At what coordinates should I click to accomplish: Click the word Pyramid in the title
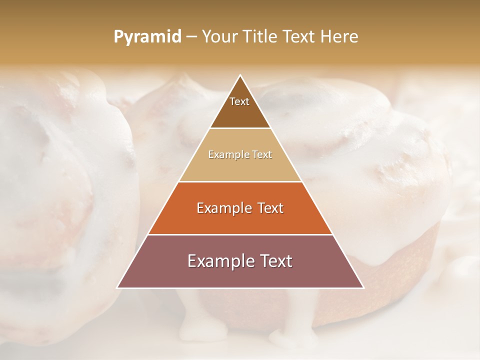point(147,37)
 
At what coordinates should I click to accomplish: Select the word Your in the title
point(221,37)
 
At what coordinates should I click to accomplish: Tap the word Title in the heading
point(262,37)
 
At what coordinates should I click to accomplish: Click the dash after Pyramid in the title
point(191,37)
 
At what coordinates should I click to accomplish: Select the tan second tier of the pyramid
point(240,167)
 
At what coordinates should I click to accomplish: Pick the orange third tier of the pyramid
point(240,220)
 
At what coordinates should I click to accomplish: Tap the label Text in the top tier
point(239,101)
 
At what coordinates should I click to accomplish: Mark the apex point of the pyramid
point(240,75)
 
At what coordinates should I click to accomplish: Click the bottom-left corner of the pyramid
point(117,287)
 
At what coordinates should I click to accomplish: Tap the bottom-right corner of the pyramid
point(363,287)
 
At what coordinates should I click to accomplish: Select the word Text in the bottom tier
point(274,261)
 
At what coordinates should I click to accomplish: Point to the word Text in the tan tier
point(261,155)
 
